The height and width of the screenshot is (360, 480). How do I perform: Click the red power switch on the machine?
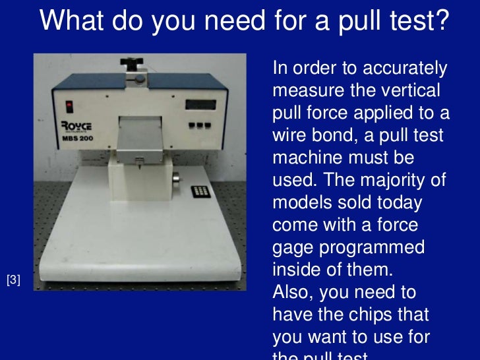(x=69, y=104)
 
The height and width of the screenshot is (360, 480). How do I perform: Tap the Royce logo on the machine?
(x=78, y=125)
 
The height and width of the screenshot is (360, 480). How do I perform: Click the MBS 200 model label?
(x=77, y=139)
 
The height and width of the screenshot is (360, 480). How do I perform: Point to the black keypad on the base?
(x=200, y=192)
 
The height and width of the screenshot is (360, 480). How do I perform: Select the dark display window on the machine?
(x=200, y=104)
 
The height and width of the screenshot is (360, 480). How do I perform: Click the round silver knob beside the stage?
(x=176, y=180)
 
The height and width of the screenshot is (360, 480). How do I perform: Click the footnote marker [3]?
(x=13, y=280)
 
